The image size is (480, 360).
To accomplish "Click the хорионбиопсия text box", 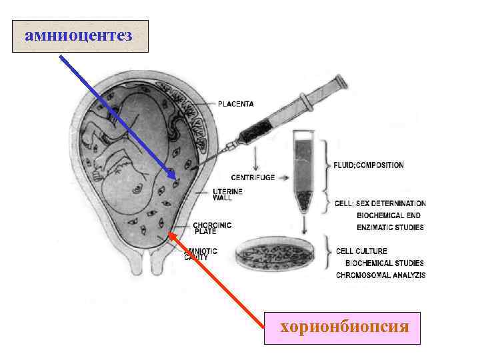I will (342, 327).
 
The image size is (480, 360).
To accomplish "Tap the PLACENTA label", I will (236, 104).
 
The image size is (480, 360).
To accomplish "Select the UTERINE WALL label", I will (227, 193).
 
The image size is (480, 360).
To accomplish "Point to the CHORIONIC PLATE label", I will (212, 227).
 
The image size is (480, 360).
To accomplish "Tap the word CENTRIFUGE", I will (252, 177).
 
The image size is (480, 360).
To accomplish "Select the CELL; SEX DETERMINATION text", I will (381, 203).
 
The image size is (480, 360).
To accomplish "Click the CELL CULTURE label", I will (362, 251).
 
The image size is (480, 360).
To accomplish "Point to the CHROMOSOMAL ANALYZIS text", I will (380, 275).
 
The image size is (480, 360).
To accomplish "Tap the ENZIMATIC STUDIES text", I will (390, 227).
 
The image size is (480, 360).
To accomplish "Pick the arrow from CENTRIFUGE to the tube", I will (283, 178).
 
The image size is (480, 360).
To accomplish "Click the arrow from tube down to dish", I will (305, 223).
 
